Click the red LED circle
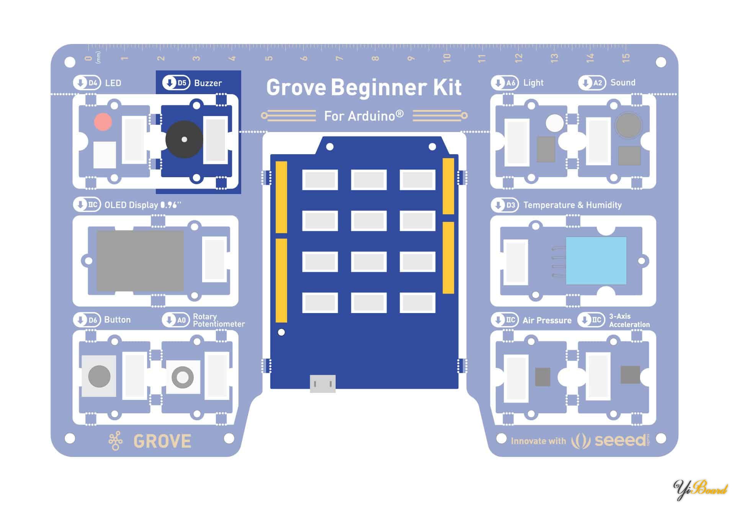[x=103, y=122]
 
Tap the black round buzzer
[x=184, y=140]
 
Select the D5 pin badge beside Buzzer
[x=176, y=83]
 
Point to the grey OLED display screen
[x=140, y=260]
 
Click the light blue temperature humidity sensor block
[x=596, y=261]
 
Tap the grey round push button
[x=99, y=376]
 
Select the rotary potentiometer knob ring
[x=183, y=377]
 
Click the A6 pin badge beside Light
[x=505, y=83]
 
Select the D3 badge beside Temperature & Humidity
[x=505, y=205]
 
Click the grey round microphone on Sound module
[x=628, y=125]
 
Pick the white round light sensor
[x=554, y=123]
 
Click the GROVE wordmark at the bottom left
[x=162, y=441]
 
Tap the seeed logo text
[x=620, y=440]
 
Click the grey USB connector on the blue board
[x=322, y=383]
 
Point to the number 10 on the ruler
[x=447, y=58]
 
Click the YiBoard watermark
[x=700, y=489]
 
